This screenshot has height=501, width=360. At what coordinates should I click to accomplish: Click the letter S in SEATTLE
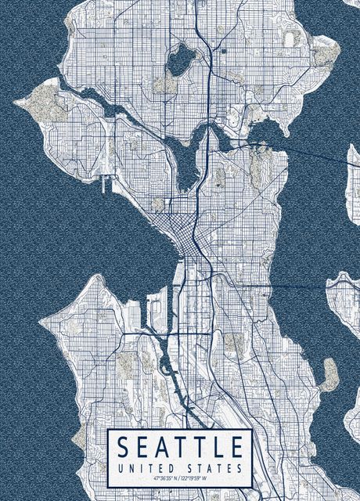(x=124, y=448)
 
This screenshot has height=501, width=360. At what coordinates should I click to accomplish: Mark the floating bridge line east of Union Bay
(x=313, y=150)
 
